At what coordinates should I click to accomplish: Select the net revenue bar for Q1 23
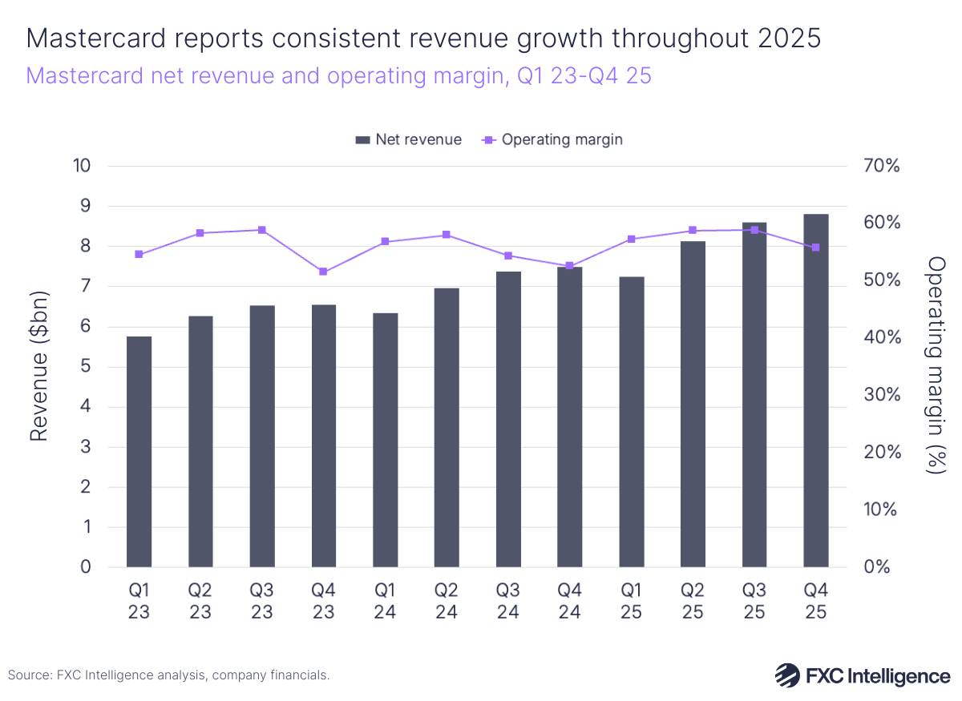139,452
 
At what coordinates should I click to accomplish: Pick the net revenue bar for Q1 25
631,421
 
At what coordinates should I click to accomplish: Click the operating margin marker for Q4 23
323,272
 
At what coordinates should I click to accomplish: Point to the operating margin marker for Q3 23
261,230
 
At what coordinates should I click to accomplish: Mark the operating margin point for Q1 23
139,254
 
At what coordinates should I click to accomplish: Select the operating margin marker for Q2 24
447,235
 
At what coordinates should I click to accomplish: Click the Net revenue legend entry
409,139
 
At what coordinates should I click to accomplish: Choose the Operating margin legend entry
553,139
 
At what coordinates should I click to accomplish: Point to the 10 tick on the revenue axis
83,166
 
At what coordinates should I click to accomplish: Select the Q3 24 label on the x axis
508,601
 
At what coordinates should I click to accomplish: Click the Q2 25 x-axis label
693,601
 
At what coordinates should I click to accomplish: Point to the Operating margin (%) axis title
935,366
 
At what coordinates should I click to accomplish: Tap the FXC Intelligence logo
862,675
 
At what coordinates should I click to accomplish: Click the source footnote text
168,675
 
